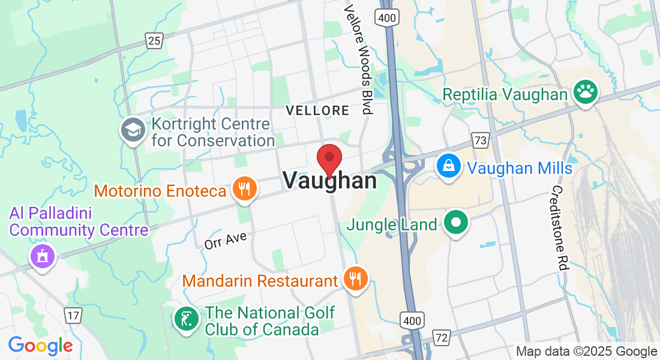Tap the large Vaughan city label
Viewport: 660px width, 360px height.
tap(329, 181)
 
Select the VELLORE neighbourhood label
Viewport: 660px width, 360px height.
tap(317, 110)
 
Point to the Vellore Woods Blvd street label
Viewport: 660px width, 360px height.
tap(358, 60)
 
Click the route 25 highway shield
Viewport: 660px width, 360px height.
tap(154, 40)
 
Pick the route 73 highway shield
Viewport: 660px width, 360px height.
tap(480, 140)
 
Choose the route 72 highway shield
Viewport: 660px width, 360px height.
tap(442, 338)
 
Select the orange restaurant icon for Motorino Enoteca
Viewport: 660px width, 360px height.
tap(244, 190)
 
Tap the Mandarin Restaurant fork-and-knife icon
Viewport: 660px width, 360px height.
tap(356, 278)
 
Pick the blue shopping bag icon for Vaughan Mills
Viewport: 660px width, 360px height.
tap(448, 166)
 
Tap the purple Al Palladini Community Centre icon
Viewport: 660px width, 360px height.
tap(42, 257)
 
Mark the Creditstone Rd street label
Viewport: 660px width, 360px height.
tap(559, 228)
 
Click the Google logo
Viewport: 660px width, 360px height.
tap(41, 346)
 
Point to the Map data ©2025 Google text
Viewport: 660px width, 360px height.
tap(586, 352)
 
